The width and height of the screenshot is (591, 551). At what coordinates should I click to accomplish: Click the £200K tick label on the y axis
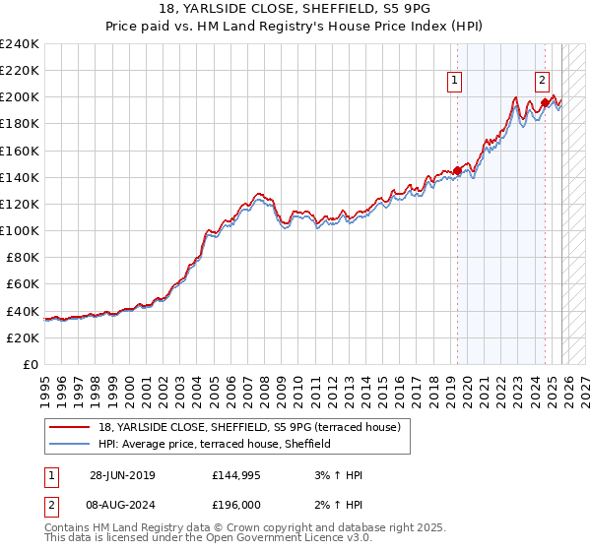(20, 97)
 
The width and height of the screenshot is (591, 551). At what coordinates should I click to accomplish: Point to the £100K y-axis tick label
(20, 230)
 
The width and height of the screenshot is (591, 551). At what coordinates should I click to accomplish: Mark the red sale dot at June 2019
(457, 170)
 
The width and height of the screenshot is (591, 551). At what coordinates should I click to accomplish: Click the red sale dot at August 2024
(545, 102)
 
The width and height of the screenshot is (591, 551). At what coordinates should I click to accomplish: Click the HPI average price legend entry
(214, 445)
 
